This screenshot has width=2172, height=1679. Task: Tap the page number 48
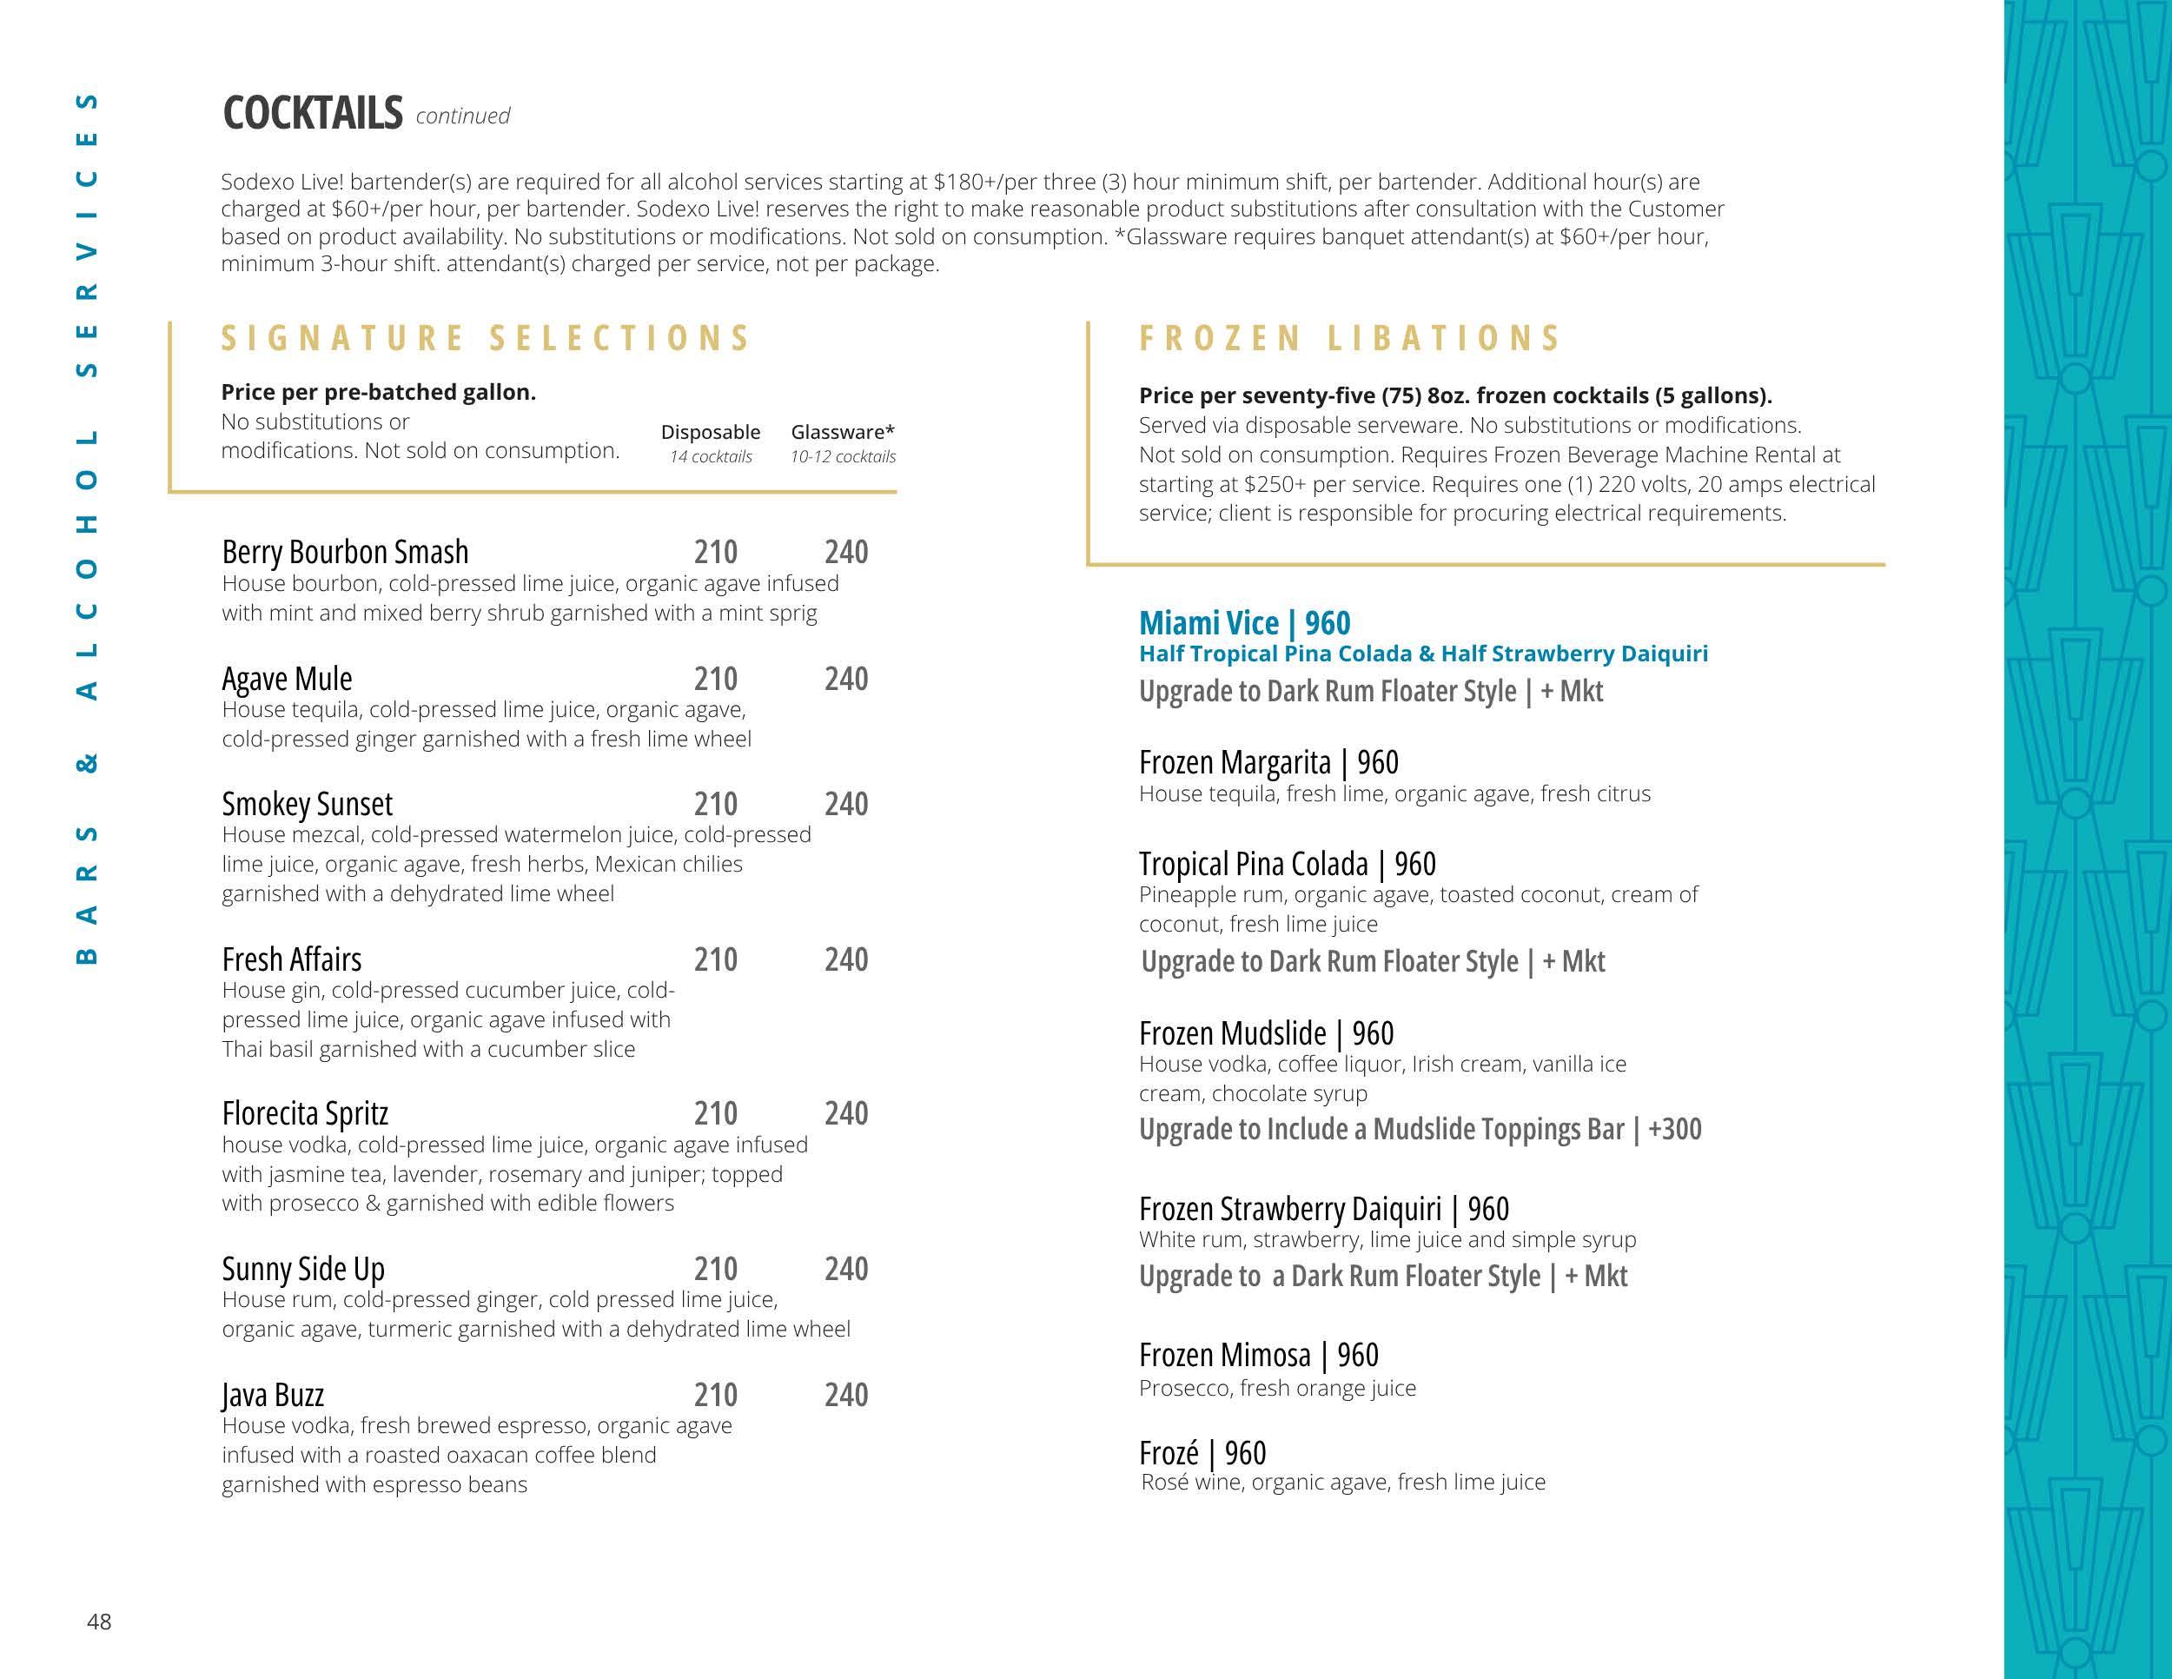[99, 1623]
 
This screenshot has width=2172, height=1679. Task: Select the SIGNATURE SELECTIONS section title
[486, 338]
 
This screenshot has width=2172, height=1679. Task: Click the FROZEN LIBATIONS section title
[1349, 338]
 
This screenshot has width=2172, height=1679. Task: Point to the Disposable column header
[710, 433]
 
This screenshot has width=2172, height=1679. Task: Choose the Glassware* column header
[843, 433]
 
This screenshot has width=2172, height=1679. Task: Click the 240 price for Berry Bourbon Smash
[845, 552]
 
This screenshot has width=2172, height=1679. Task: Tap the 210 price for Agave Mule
[715, 680]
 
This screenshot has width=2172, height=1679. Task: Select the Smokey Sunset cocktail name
[308, 804]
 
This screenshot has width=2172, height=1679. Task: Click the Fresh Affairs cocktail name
[291, 959]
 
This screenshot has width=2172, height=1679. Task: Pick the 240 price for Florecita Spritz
[845, 1113]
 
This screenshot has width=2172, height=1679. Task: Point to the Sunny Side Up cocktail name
[303, 1269]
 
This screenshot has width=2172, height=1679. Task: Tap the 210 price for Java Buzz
[715, 1396]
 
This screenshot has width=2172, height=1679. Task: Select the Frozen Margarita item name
[1235, 763]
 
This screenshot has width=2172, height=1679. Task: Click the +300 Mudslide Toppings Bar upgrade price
[1674, 1129]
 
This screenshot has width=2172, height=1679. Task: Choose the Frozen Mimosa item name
[1224, 1356]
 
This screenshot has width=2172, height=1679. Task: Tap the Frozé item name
[1169, 1454]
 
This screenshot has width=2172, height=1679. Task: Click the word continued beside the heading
[462, 116]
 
